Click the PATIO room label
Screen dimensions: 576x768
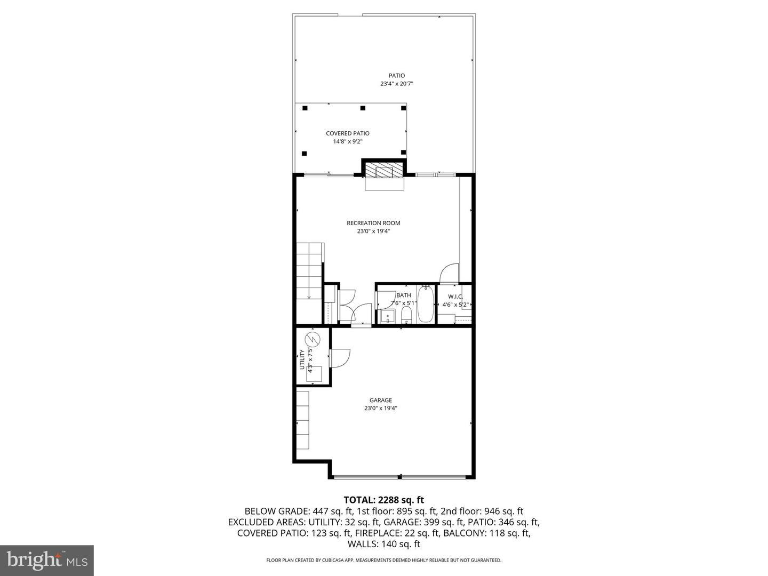[x=396, y=76]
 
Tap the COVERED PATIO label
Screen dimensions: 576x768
[x=348, y=133]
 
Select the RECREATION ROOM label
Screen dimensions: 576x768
[x=373, y=223]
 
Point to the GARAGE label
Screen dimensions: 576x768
[x=381, y=400]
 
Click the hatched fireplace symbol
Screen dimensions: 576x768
[x=383, y=171]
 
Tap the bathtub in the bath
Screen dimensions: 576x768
[x=425, y=305]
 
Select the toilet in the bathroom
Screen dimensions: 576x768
[x=406, y=315]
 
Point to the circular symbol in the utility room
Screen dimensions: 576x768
[x=311, y=339]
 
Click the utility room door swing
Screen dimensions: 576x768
[x=339, y=357]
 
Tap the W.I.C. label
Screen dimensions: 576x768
[x=455, y=297]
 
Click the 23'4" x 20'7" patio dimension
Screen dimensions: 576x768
[x=397, y=84]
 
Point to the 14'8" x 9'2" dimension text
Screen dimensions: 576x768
[x=348, y=141]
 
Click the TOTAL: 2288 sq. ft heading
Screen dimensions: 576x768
[x=383, y=500]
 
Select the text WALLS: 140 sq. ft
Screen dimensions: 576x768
[x=383, y=544]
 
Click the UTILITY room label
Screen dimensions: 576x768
[x=302, y=359]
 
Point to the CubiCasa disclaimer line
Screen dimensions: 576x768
[x=383, y=560]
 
